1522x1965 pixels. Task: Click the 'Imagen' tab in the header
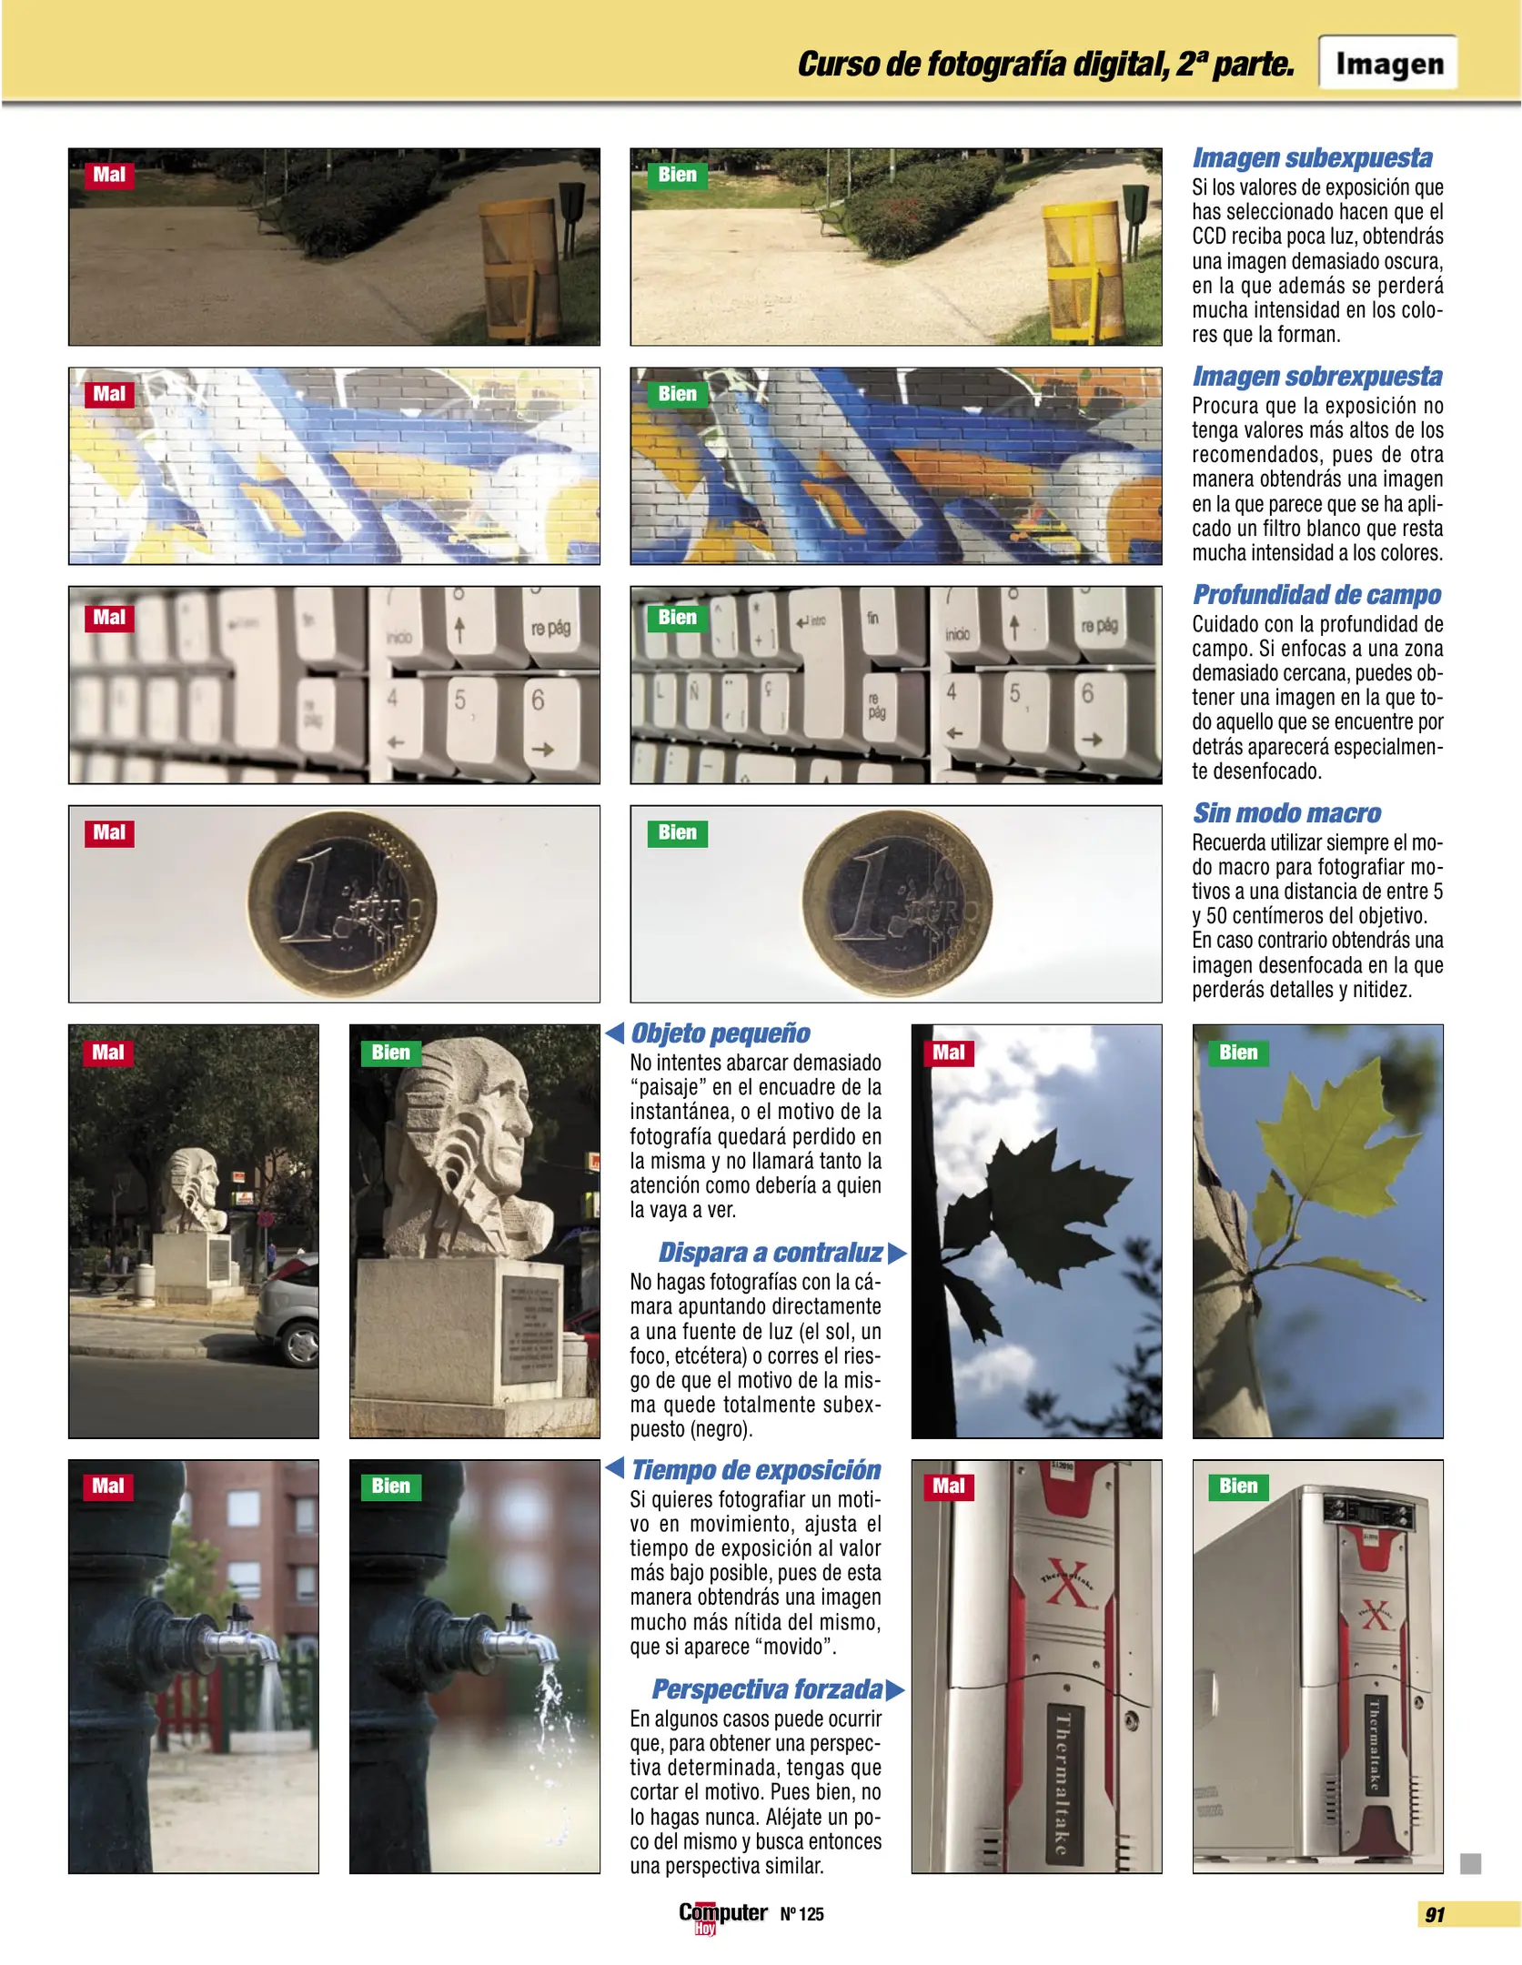coord(1388,63)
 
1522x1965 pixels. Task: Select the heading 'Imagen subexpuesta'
coord(1312,158)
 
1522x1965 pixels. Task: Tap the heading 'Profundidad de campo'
coord(1316,595)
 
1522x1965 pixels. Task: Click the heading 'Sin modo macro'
coord(1286,813)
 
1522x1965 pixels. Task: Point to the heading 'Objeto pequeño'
coord(720,1033)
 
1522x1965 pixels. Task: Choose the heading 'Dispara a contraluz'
coord(770,1253)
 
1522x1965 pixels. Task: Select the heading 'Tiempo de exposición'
coord(755,1471)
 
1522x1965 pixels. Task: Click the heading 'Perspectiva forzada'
coord(767,1689)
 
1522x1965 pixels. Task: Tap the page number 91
coord(1435,1915)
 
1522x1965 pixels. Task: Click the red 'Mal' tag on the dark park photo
coord(109,175)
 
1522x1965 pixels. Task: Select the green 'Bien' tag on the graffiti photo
coord(677,394)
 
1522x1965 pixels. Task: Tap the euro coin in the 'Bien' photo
coord(897,903)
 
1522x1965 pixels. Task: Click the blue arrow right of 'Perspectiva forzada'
coord(895,1690)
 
